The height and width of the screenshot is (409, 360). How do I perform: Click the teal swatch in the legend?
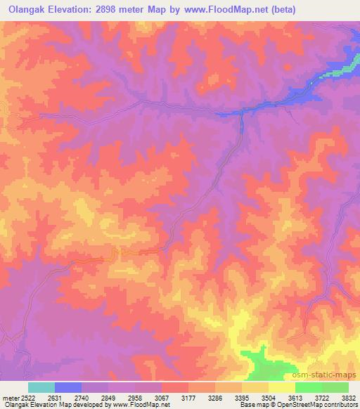pyautogui.click(x=41, y=387)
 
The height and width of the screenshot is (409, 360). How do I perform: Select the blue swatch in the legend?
pyautogui.click(x=68, y=387)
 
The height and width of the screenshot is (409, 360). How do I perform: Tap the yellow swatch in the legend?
pyautogui.click(x=282, y=387)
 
